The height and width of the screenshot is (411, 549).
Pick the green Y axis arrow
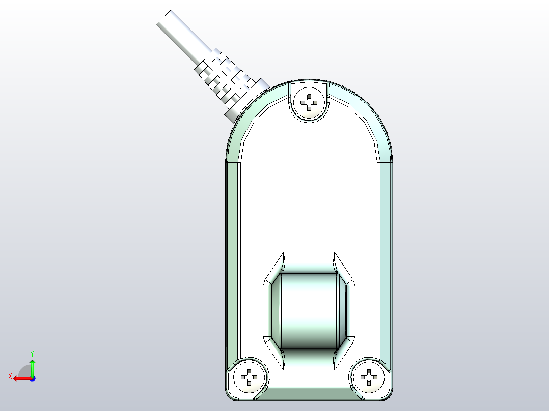pyautogui.click(x=32, y=366)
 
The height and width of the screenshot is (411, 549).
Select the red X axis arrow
pyautogui.click(x=20, y=378)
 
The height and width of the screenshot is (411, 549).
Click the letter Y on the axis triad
pyautogui.click(x=32, y=353)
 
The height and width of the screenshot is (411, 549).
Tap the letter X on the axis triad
pyautogui.click(x=10, y=376)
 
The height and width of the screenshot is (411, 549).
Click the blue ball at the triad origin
pyautogui.click(x=32, y=378)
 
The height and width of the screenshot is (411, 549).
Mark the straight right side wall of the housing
pyautogui.click(x=385, y=254)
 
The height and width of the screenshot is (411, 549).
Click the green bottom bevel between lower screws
pyautogui.click(x=309, y=392)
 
